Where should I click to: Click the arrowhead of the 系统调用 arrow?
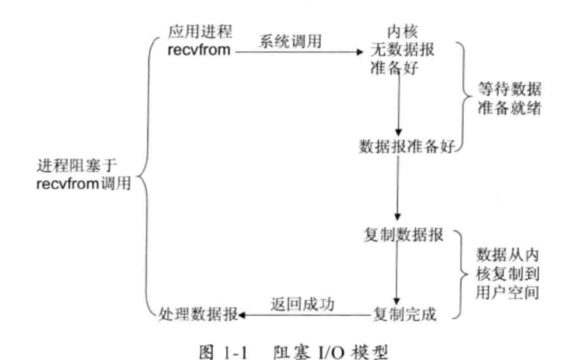(359, 52)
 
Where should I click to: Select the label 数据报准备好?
(407, 145)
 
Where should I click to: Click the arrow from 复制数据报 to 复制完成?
(398, 273)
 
